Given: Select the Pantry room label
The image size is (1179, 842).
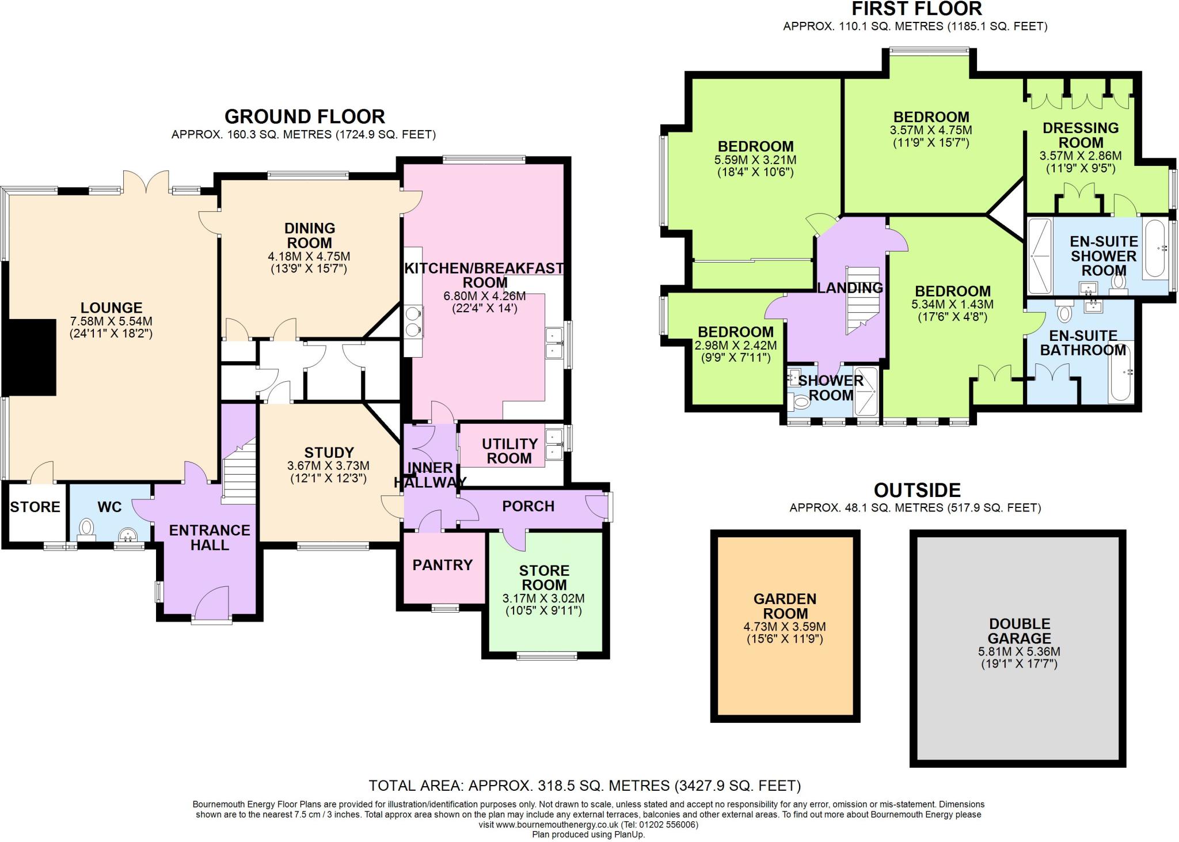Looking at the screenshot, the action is [x=443, y=565].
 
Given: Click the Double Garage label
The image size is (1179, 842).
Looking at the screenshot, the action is [x=1020, y=631].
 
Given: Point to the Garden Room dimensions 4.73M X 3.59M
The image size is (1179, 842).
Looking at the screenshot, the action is [x=785, y=627].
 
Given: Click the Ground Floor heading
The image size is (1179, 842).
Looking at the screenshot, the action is [x=305, y=116].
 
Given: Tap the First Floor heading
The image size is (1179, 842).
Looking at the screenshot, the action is [x=916, y=9].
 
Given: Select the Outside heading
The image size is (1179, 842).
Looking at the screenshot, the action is [x=918, y=490].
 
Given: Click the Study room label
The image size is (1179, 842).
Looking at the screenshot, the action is [x=329, y=453].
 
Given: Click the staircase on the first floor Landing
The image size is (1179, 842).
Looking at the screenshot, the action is [x=863, y=300].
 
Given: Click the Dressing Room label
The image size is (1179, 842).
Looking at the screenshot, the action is [x=1081, y=135].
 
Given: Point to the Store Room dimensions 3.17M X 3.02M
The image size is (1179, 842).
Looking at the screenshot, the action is [x=544, y=599].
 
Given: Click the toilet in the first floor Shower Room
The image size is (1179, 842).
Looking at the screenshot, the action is [x=799, y=401].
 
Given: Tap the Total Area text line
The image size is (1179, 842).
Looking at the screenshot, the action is [x=584, y=786].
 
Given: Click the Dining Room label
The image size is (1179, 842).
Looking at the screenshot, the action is [x=310, y=236].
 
